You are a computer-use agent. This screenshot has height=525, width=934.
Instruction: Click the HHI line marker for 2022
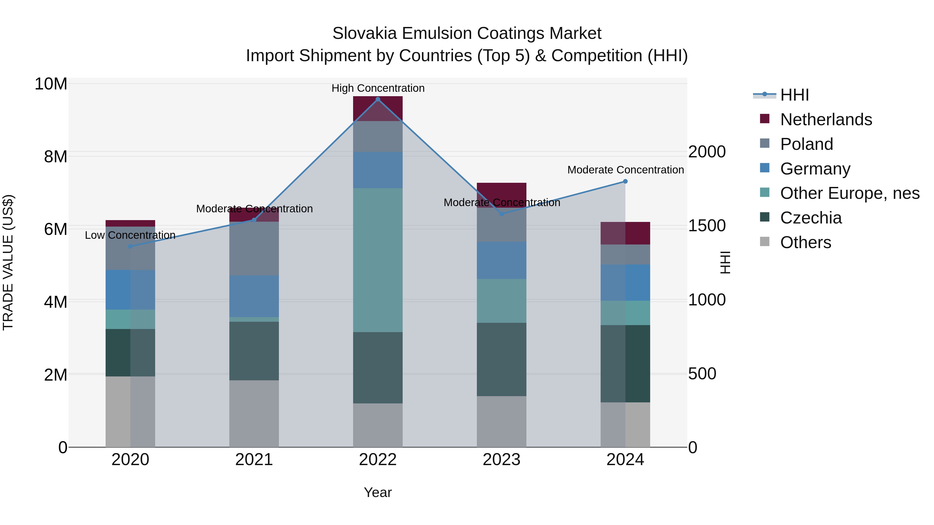(378, 99)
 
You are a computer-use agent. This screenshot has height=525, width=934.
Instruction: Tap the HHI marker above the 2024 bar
(625, 181)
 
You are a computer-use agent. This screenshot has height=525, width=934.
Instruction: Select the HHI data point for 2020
(131, 246)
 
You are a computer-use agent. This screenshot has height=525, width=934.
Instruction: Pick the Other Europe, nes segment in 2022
(378, 260)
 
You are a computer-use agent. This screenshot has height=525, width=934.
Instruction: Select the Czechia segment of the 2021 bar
(254, 351)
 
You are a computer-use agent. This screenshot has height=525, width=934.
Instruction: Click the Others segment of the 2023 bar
(502, 421)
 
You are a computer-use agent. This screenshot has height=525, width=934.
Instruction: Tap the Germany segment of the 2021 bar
(254, 296)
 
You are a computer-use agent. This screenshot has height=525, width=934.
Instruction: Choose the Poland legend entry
(806, 144)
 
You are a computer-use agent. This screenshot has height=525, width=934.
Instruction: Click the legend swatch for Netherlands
(765, 119)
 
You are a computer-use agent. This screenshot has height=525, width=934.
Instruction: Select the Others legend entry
(805, 242)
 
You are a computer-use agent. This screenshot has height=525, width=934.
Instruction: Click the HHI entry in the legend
(794, 95)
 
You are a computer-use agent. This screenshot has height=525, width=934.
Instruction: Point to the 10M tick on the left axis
(51, 84)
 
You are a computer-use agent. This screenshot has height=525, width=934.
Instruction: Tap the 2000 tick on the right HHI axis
(707, 152)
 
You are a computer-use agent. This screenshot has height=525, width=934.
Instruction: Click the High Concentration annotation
(378, 88)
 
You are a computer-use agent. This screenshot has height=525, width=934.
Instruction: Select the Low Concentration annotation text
(130, 235)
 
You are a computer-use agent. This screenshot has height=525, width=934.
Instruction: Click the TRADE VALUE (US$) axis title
(8, 262)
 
